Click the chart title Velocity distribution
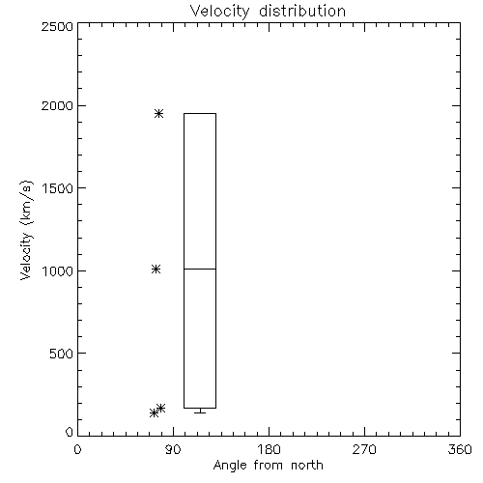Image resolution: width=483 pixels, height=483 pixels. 268,11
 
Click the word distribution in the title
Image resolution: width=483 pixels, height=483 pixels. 302,11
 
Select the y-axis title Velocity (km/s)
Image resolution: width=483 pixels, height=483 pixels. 26,230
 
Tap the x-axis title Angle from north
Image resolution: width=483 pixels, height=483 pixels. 268,465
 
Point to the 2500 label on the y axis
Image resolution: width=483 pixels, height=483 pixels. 57,26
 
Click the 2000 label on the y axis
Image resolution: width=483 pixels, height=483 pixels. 57,105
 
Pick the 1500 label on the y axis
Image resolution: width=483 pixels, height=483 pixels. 58,188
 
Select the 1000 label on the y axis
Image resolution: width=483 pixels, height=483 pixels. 58,270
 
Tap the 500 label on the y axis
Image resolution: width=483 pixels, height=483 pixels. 62,354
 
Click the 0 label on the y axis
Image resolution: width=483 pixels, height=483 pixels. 70,432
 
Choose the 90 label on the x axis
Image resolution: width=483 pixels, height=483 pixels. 173,449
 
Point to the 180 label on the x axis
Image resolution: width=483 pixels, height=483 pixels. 269,449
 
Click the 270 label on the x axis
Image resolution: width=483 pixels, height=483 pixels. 364,449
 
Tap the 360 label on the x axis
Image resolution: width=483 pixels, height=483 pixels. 460,449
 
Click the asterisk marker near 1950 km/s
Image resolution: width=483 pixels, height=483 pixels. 158,113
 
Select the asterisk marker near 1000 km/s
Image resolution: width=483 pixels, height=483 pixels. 156,269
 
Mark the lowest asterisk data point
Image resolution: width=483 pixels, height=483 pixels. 155,412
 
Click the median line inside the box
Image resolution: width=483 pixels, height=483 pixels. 200,269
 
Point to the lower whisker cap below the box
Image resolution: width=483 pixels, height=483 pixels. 200,412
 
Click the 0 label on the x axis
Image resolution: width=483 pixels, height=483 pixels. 77,449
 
